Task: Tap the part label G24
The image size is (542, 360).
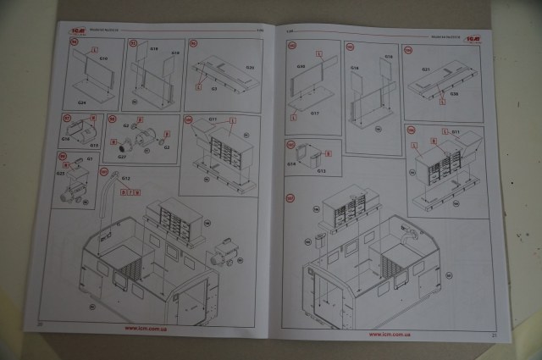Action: pyautogui.click(x=81, y=102)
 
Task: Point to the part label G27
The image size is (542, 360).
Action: pyautogui.click(x=122, y=156)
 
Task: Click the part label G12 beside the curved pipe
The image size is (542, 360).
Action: pyautogui.click(x=125, y=179)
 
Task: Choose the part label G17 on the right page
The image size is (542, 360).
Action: pyautogui.click(x=314, y=112)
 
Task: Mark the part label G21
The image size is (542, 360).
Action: pyautogui.click(x=428, y=69)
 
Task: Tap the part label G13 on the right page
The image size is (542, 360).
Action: pyautogui.click(x=322, y=170)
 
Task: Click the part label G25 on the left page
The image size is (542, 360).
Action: pyautogui.click(x=61, y=174)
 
